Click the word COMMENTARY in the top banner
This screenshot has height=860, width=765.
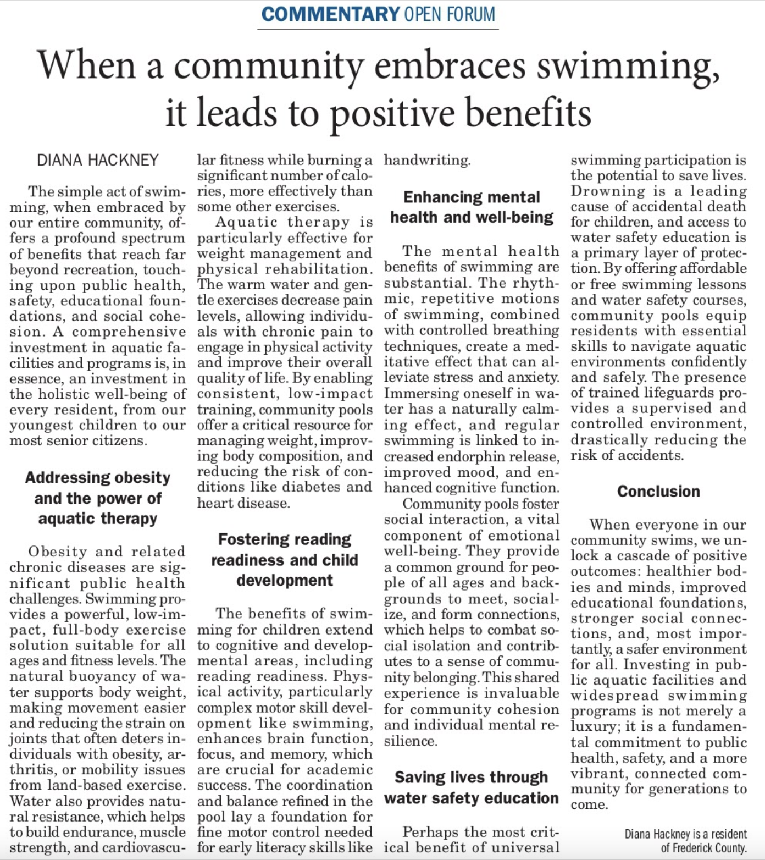[330, 14]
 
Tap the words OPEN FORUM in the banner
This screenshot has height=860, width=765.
[450, 14]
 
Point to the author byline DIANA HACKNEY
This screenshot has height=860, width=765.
[98, 160]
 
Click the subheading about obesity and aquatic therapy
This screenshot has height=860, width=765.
[98, 498]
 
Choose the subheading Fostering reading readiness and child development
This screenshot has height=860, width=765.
[285, 560]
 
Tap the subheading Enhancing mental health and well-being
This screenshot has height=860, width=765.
[472, 207]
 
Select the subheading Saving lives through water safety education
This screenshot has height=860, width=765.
[472, 787]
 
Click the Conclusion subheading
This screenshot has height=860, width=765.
[658, 491]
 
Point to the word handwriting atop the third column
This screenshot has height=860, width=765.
[427, 160]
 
